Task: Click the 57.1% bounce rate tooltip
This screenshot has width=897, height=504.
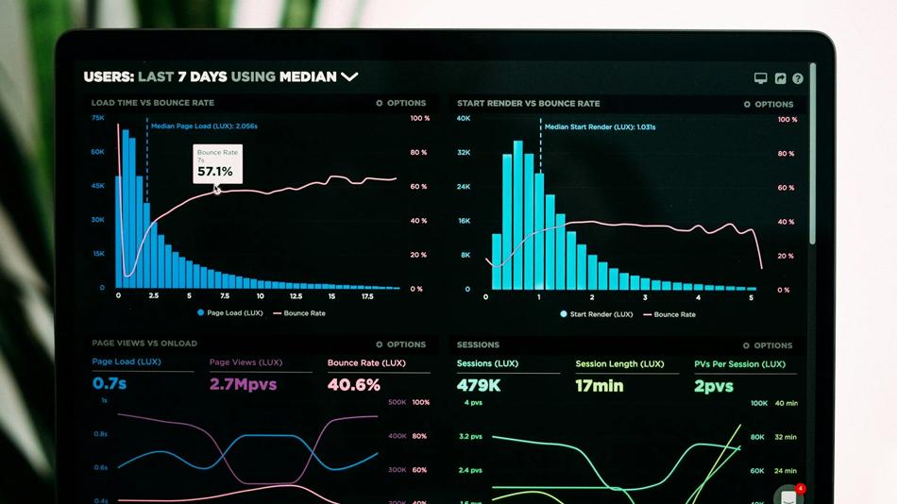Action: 217,164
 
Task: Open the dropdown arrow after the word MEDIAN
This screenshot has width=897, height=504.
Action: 349,76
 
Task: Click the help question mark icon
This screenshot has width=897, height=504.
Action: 798,79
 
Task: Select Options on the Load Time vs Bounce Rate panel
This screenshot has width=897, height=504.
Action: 401,103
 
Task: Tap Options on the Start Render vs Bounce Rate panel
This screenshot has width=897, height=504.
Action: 769,104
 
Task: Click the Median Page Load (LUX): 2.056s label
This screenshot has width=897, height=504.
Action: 204,126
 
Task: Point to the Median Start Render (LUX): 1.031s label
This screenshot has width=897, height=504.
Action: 600,126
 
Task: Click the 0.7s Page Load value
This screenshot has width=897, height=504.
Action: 110,384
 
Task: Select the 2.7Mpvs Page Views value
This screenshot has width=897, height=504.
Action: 244,384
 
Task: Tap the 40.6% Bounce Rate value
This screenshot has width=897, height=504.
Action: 354,384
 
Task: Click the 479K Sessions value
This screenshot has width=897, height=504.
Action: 479,385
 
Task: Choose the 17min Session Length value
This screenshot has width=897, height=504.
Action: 600,385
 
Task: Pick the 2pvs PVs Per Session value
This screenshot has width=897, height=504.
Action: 714,385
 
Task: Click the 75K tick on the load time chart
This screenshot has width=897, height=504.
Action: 98,118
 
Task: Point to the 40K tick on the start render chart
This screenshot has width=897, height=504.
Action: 464,119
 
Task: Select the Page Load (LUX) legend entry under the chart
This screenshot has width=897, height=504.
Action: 229,312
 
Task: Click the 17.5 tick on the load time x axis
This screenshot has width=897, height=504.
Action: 366,296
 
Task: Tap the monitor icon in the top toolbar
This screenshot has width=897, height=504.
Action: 761,78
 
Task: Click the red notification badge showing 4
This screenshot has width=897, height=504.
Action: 801,489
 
